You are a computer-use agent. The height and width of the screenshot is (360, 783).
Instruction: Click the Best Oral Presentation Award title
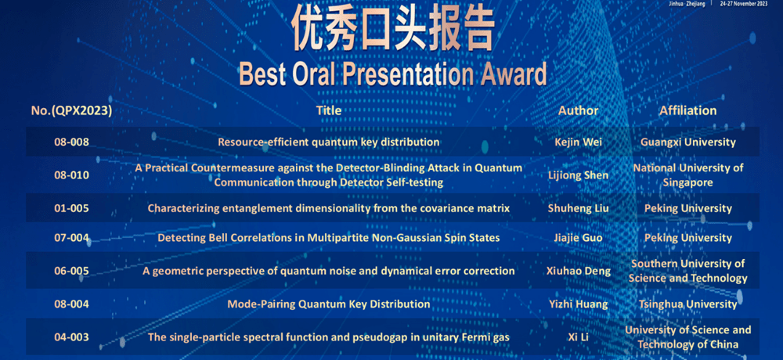pyautogui.click(x=392, y=74)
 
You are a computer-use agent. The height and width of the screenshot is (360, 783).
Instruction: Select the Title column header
pyautogui.click(x=329, y=110)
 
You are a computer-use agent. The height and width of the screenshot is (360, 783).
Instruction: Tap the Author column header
pyautogui.click(x=579, y=110)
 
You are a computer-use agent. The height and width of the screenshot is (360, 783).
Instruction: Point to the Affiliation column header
pyautogui.click(x=687, y=110)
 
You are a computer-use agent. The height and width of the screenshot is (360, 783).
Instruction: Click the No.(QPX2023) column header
pyautogui.click(x=71, y=111)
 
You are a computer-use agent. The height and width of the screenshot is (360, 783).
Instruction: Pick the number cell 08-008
pyautogui.click(x=71, y=142)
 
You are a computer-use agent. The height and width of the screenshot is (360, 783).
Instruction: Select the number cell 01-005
pyautogui.click(x=71, y=208)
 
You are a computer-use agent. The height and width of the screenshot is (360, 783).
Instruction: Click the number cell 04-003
pyautogui.click(x=71, y=337)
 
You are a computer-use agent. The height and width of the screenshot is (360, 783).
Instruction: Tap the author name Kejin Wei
pyautogui.click(x=579, y=142)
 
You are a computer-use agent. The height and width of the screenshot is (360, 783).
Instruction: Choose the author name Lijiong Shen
pyautogui.click(x=579, y=175)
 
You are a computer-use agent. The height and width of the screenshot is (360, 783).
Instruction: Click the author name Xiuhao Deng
pyautogui.click(x=579, y=271)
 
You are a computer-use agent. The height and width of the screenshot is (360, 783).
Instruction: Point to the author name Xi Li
pyautogui.click(x=579, y=337)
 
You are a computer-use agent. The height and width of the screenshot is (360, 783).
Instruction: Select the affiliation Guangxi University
pyautogui.click(x=687, y=142)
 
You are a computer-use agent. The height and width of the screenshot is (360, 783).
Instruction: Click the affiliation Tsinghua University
pyautogui.click(x=687, y=304)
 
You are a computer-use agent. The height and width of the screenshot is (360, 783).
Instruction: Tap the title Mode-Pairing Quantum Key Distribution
pyautogui.click(x=329, y=304)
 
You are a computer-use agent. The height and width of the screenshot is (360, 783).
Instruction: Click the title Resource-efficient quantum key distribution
pyautogui.click(x=329, y=142)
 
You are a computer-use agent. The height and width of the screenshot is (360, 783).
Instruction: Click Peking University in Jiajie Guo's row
pyautogui.click(x=687, y=238)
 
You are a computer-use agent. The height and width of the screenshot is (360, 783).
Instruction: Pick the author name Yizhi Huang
pyautogui.click(x=579, y=304)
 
